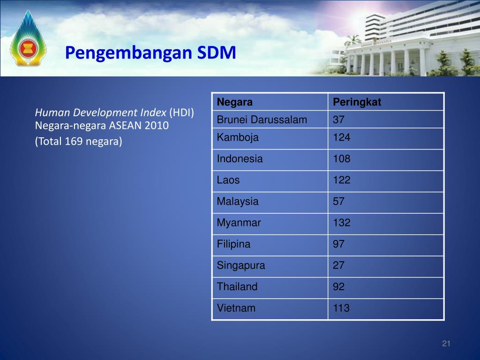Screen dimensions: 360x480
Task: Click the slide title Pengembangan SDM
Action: [150, 52]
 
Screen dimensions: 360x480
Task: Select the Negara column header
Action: [235, 102]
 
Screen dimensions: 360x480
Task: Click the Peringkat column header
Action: [357, 102]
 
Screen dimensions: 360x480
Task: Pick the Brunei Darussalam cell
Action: [262, 120]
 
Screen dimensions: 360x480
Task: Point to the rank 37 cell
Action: [338, 120]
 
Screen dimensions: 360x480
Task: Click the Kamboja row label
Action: [238, 138]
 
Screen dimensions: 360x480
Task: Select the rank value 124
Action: [341, 138]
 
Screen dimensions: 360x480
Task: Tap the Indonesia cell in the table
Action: [240, 159]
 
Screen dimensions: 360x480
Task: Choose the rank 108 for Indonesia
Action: [341, 159]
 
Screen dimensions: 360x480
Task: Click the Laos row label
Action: [228, 180]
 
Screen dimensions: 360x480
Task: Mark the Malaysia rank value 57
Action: [338, 202]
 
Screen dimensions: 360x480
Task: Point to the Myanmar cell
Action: [239, 223]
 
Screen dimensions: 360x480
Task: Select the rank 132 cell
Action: [341, 223]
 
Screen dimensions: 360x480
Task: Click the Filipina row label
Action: [233, 244]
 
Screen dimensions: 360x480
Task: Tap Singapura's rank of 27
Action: [338, 265]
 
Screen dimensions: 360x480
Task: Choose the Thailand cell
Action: [237, 287]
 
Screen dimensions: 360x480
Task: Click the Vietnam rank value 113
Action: [341, 308]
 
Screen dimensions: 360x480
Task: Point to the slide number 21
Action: [446, 345]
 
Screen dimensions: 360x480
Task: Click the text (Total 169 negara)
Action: [78, 142]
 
